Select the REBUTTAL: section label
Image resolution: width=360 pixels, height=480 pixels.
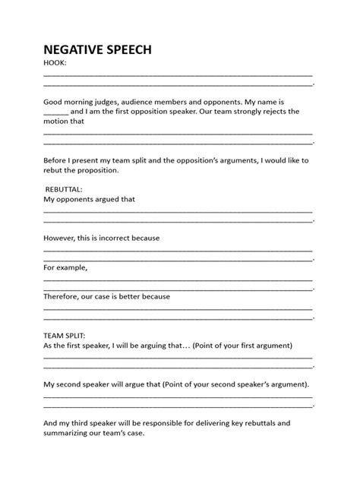point(65,188)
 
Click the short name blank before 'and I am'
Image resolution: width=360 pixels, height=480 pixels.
point(57,111)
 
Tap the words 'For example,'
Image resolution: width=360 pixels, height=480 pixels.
point(66,267)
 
